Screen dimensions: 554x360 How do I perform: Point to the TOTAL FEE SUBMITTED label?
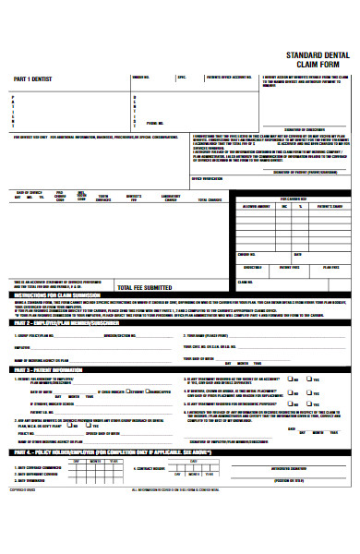click(150, 287)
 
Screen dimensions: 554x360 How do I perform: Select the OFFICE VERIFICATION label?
click(208, 177)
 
